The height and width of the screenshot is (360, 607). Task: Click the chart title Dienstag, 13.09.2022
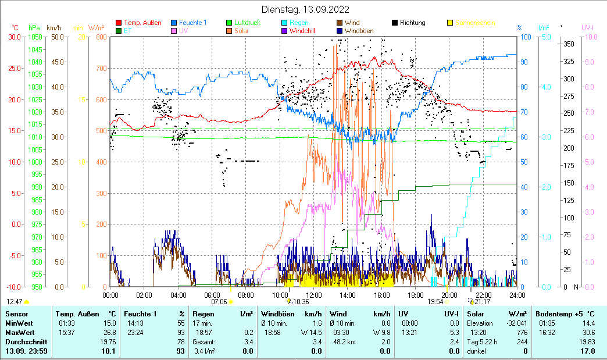pos(305,9)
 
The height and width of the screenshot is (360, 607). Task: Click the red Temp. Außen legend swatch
pos(119,23)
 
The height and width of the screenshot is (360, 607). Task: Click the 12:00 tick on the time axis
pos(314,295)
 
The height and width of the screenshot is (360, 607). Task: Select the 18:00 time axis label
pos(415,295)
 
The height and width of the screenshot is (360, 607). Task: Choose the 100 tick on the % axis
pos(524,37)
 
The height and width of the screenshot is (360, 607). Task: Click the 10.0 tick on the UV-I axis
pos(590,37)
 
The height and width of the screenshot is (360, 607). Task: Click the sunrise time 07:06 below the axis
pos(219,302)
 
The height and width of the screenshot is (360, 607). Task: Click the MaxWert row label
pos(19,333)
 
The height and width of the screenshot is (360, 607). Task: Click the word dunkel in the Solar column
pos(477,351)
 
